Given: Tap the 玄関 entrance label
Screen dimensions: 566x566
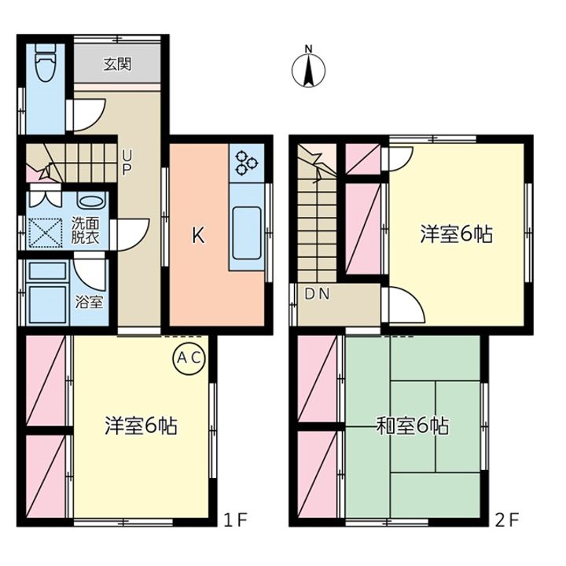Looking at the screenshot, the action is pos(117,64).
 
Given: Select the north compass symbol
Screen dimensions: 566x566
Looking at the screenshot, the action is pos(308,67).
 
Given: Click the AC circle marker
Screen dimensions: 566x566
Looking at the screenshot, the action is pos(189,358).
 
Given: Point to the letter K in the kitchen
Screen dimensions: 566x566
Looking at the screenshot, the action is pos(198,236).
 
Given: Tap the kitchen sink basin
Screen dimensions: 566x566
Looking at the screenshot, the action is pos(247,233).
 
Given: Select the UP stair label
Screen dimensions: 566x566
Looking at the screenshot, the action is pos(127,163).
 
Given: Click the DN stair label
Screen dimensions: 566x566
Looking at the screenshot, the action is pos(318,294).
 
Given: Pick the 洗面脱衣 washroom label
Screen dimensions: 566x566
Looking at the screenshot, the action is pos(85,230).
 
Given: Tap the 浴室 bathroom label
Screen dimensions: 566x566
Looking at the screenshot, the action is pos(89,301).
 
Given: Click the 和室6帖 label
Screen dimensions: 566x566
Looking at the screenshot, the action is pos(413,426).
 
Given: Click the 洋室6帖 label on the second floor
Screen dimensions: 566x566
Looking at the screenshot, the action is pos(457,234).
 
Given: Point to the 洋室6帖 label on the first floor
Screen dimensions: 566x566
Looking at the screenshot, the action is pos(141,426).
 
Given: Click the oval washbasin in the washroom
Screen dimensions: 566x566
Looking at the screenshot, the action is pos(92,200).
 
